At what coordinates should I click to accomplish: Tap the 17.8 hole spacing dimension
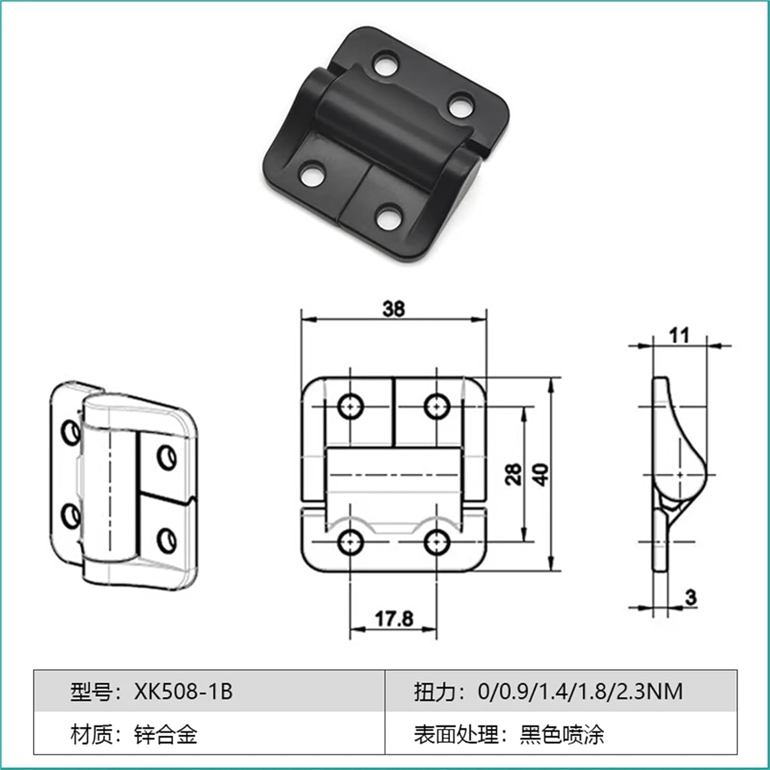pos(394,619)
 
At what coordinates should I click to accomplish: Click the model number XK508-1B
pos(183,691)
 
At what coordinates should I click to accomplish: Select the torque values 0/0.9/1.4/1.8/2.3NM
pos(580,691)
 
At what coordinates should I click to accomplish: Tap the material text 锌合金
pos(166,735)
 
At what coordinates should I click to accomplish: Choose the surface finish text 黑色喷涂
pos(562,735)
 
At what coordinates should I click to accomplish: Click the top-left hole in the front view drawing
pos(351,407)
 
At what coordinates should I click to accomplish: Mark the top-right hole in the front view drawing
pos(437,407)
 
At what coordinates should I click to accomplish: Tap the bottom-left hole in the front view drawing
pos(351,542)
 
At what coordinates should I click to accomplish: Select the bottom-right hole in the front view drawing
pos(437,542)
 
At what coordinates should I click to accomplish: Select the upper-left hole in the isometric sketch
pos(69,432)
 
